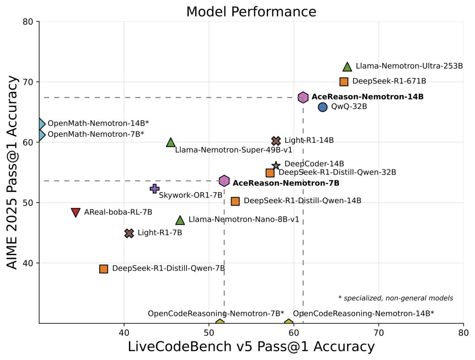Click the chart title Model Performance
(251, 11)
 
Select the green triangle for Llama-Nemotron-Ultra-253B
(347, 67)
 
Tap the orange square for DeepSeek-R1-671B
(344, 82)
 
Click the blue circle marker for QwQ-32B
(322, 107)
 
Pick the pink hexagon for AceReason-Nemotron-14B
(303, 97)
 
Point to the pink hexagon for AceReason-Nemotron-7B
(224, 181)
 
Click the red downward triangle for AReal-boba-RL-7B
(76, 212)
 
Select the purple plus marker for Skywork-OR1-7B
(155, 188)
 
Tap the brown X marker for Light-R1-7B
(129, 233)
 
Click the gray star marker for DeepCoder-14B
(276, 166)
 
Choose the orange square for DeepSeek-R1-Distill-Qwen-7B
(103, 269)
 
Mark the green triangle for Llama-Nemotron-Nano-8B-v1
(180, 220)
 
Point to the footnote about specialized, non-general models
(395, 298)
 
